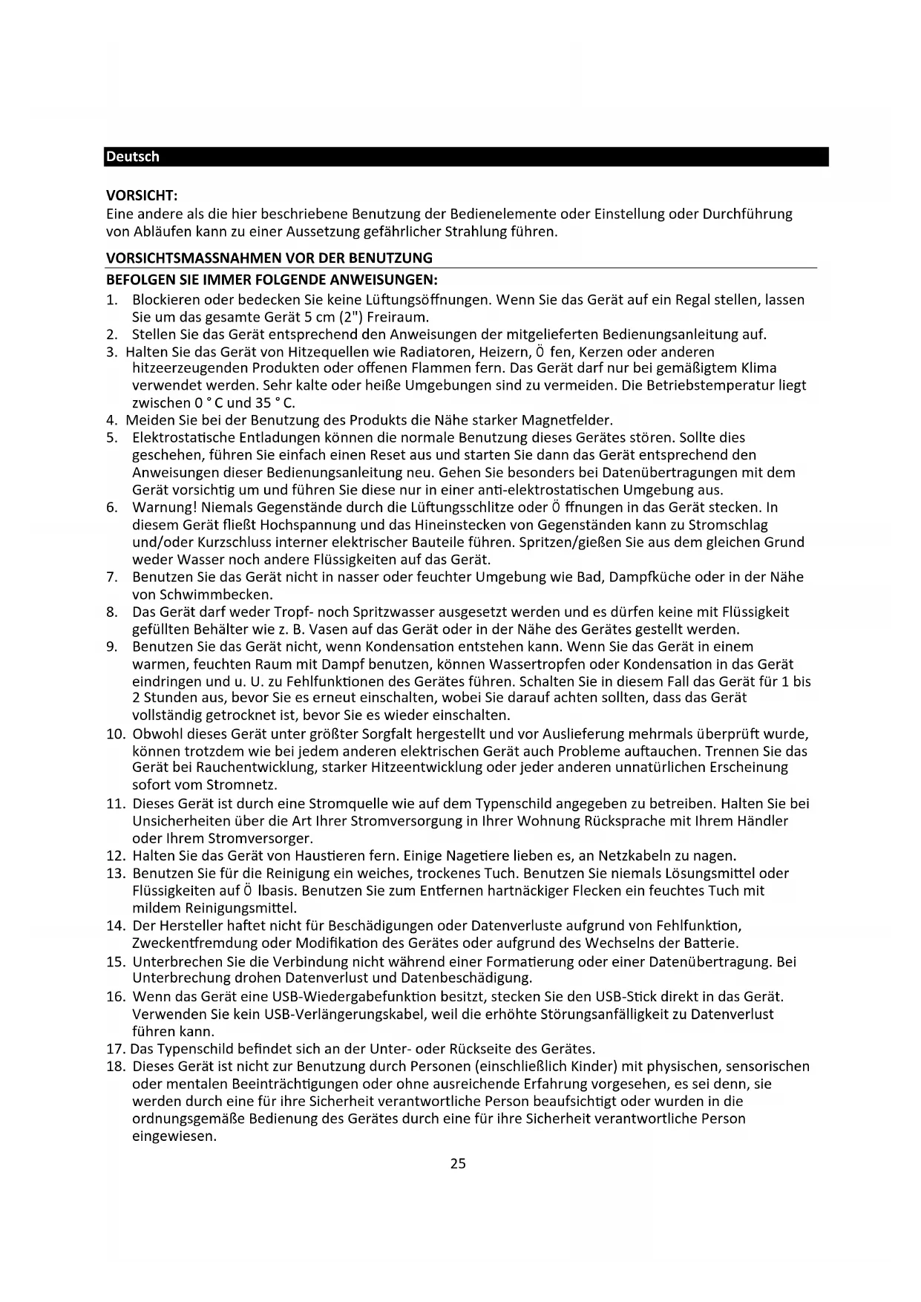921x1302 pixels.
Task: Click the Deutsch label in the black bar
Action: pos(133,157)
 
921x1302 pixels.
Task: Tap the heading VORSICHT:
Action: pos(142,196)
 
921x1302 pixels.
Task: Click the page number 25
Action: pos(458,1163)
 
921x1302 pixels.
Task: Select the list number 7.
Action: pos(112,578)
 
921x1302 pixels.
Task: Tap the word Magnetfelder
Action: pos(567,421)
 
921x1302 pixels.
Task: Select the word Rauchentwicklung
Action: pos(246,768)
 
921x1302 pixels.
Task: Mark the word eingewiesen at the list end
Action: pos(174,1136)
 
